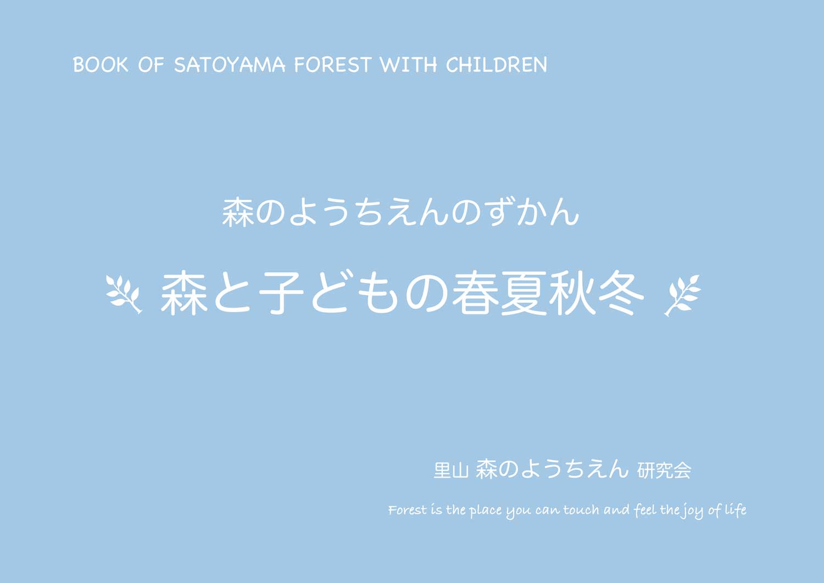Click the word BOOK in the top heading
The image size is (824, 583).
(101, 65)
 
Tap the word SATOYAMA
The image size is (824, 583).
(230, 65)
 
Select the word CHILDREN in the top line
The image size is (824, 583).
(497, 65)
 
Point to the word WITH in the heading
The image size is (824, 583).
(408, 65)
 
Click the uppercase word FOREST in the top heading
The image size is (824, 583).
(332, 65)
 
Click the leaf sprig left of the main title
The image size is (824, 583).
(124, 295)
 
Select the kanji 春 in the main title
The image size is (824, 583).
(475, 293)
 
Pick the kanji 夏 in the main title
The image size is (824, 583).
(524, 293)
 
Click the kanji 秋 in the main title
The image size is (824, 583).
(572, 293)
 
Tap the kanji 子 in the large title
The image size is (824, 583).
(281, 293)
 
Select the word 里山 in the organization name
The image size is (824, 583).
(451, 470)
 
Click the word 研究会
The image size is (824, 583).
(664, 470)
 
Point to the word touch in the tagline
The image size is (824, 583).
(581, 510)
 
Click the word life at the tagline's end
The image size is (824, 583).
(736, 510)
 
